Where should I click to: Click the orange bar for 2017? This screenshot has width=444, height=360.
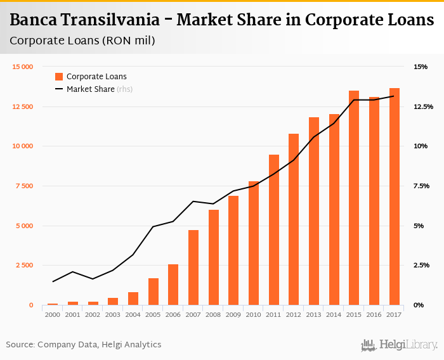[395, 196]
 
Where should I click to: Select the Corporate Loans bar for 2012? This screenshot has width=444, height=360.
[294, 219]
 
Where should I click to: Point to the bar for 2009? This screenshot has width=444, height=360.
[233, 250]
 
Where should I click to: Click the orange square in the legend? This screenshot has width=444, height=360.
[59, 77]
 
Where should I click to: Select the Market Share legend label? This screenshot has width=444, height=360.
[90, 89]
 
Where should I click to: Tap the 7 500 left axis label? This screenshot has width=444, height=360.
[25, 186]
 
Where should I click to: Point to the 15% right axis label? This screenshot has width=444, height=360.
[421, 67]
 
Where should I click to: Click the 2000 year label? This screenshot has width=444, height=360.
[52, 314]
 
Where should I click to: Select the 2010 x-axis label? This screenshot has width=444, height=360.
[253, 314]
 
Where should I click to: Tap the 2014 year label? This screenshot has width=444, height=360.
[334, 314]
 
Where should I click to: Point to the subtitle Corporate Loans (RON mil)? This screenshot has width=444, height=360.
[82, 41]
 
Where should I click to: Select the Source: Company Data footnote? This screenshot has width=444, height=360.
[84, 345]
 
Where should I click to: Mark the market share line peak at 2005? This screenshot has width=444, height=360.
[153, 226]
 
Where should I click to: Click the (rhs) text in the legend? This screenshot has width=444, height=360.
[124, 89]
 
